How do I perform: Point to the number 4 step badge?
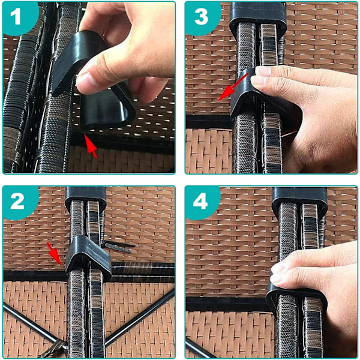click(x=201, y=202)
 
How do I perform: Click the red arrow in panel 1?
click(x=91, y=146)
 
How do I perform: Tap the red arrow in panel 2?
click(x=54, y=254)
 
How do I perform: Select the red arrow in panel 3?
click(x=233, y=87)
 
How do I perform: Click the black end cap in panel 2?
click(x=85, y=197)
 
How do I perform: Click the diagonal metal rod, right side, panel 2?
click(x=140, y=318)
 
